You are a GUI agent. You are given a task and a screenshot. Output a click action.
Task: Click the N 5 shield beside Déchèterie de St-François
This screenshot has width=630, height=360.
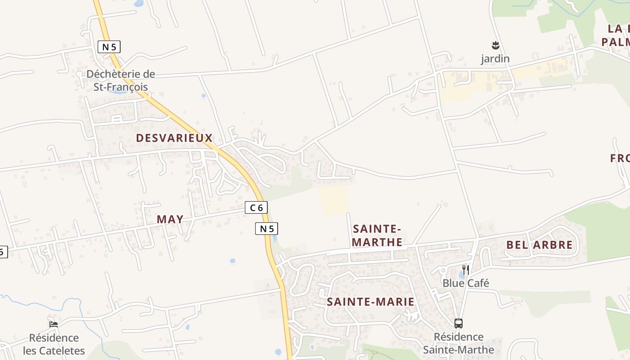tap(109, 46)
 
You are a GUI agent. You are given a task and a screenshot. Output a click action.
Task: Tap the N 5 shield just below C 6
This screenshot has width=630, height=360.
tap(266, 229)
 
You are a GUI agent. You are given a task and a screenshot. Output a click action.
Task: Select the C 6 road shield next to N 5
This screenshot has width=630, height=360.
tap(256, 207)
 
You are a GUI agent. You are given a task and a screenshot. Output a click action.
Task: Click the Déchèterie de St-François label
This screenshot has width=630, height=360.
tap(121, 81)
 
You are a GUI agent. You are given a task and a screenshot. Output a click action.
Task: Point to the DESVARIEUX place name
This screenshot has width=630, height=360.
tap(174, 138)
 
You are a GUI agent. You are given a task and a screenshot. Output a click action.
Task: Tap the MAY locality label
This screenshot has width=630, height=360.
tap(170, 219)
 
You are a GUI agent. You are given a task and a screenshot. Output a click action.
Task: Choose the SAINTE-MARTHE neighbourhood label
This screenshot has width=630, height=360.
tap(377, 235)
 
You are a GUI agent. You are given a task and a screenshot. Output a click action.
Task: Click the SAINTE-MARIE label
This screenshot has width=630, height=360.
tap(370, 301)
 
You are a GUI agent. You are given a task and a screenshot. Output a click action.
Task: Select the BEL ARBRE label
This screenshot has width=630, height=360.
tap(540, 245)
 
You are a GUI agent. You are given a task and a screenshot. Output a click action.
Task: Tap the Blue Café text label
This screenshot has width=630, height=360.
tap(466, 283)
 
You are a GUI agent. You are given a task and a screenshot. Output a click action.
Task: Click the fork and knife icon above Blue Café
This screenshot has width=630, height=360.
tap(466, 270)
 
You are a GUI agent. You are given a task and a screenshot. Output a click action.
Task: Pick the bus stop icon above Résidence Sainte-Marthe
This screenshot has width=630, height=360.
tap(459, 323)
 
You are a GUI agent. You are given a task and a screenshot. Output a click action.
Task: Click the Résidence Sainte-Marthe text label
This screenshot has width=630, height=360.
tap(459, 343)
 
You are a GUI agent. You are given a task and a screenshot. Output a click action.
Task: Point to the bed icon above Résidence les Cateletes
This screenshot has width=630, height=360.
tap(54, 324)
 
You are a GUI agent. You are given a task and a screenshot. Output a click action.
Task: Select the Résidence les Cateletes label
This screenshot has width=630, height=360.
tap(54, 344)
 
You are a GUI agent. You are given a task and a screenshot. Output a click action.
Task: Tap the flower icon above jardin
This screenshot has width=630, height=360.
tap(495, 45)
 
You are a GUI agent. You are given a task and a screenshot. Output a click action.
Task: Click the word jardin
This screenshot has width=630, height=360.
tap(495, 59)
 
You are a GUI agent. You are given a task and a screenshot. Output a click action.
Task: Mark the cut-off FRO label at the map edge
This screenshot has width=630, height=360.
tap(620, 158)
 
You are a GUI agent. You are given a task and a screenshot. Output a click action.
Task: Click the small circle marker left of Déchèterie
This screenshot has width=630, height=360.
tap(79, 73)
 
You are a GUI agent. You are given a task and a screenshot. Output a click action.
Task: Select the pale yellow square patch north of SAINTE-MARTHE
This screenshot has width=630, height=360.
tap(333, 200)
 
